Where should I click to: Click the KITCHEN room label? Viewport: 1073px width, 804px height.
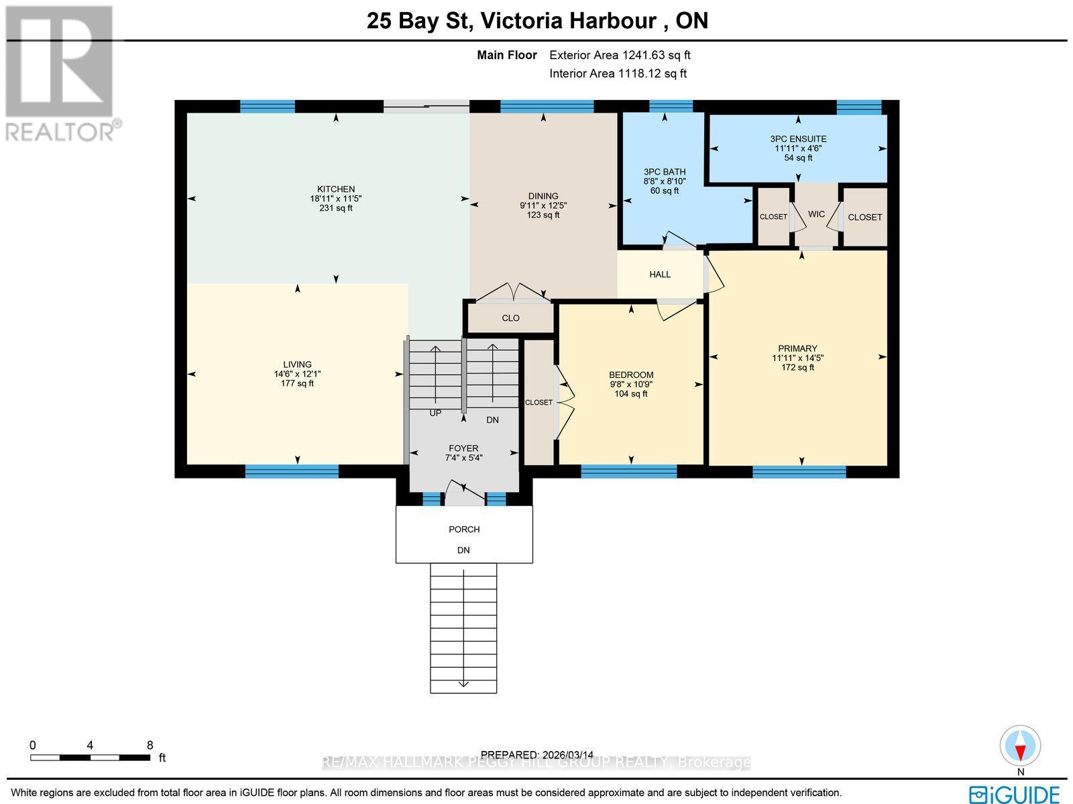tap(336, 189)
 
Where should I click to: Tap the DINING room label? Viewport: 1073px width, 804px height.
tap(543, 196)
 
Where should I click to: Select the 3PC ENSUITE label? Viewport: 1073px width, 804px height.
tap(798, 139)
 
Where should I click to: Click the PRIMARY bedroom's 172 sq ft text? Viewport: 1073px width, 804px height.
tap(797, 367)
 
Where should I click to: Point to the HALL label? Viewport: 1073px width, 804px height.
tap(660, 274)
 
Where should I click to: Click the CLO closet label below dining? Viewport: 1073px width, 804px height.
tap(510, 318)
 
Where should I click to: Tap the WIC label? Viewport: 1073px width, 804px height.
tap(816, 215)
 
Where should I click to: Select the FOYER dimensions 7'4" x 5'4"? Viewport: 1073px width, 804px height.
tap(463, 458)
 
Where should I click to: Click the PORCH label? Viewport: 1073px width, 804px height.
tap(464, 530)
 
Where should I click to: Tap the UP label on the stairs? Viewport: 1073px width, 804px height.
tap(435, 413)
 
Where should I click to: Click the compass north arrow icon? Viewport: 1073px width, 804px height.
tap(1021, 746)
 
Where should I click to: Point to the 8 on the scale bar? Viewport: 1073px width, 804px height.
tap(150, 745)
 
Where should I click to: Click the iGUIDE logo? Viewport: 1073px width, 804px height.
tap(1014, 794)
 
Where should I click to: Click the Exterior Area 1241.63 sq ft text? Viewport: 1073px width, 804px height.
tap(620, 56)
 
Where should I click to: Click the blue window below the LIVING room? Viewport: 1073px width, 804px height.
tap(292, 471)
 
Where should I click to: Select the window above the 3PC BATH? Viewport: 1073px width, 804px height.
tap(671, 106)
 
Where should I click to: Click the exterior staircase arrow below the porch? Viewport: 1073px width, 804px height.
tap(463, 683)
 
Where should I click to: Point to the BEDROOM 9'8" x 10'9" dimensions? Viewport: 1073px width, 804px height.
tap(631, 385)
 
